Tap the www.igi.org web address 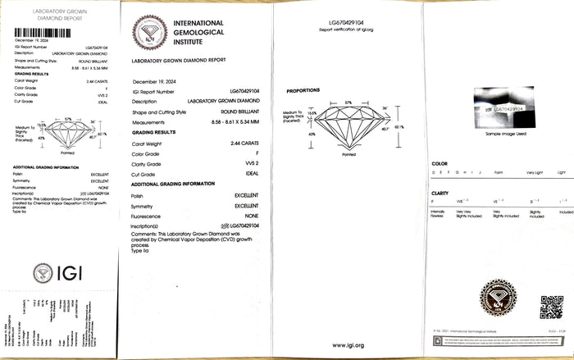pos(348,345)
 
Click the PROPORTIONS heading pos(303,90)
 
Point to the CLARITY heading pos(440,193)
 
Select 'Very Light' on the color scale pos(535,173)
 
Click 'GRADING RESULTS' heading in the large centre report pos(153,131)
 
